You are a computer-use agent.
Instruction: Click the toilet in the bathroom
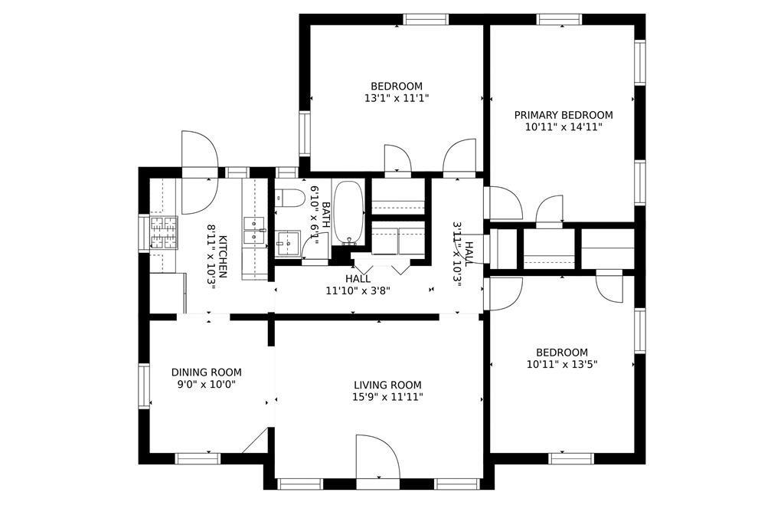[288, 199]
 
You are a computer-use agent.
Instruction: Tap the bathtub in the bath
[349, 210]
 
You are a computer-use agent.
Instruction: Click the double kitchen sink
[254, 230]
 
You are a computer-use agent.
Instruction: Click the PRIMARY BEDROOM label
[563, 115]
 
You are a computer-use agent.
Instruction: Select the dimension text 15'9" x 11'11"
[387, 397]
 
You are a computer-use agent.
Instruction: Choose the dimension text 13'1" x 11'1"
[396, 98]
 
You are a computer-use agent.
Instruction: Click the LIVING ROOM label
[387, 385]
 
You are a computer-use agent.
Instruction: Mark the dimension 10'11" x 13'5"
[562, 365]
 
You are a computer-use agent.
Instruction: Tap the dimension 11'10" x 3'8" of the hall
[358, 290]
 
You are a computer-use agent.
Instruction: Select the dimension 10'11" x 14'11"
[563, 127]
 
